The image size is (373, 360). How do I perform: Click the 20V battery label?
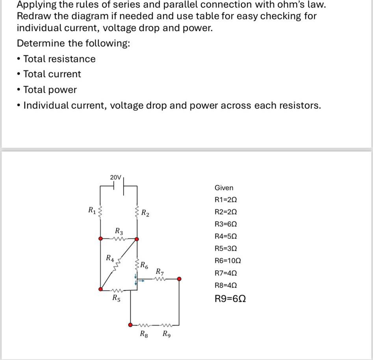point(115,178)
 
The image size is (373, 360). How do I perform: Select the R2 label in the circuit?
point(145,214)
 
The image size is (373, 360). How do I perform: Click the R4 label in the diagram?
point(110,258)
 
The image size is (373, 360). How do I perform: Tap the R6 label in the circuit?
point(145,265)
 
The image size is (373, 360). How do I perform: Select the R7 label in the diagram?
point(160,271)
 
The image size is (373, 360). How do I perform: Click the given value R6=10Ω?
point(227,261)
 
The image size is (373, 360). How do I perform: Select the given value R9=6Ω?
point(230,299)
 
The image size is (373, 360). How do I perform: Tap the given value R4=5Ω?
point(226,236)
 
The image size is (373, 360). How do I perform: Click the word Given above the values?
point(224,188)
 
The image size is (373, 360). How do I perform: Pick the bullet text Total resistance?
point(59,59)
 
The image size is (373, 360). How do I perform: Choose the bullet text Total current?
point(52,74)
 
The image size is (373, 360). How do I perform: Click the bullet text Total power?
point(50,90)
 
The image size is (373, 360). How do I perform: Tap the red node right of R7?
point(179,279)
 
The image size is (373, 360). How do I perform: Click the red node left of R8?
point(130,325)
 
